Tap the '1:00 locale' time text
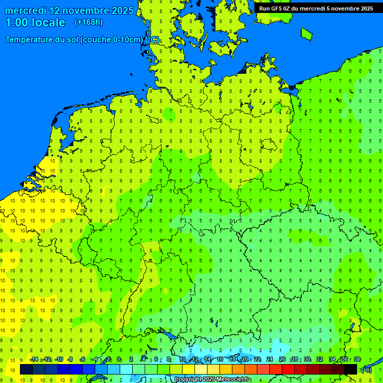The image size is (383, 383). point(35,22)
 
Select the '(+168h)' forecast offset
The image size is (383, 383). point(88,22)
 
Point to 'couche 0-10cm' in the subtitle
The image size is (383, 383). point(112,40)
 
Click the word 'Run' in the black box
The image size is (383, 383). point(265,8)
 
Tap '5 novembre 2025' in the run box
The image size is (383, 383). point(350,8)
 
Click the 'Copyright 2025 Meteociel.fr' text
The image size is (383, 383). point(212,380)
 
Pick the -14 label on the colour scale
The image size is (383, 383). point(34,359)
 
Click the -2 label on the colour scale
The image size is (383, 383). point(107,359)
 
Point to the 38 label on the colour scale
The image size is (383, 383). point(357,359)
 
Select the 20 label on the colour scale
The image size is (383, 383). point(244,359)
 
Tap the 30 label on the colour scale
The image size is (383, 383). point(307,359)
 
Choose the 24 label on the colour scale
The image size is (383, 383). point(270,359)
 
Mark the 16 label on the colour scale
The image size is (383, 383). point(219,359)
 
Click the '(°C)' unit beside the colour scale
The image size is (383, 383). point(366,370)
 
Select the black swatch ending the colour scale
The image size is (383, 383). point(351,369)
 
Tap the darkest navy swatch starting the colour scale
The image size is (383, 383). point(26,369)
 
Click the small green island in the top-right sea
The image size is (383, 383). point(306,33)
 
